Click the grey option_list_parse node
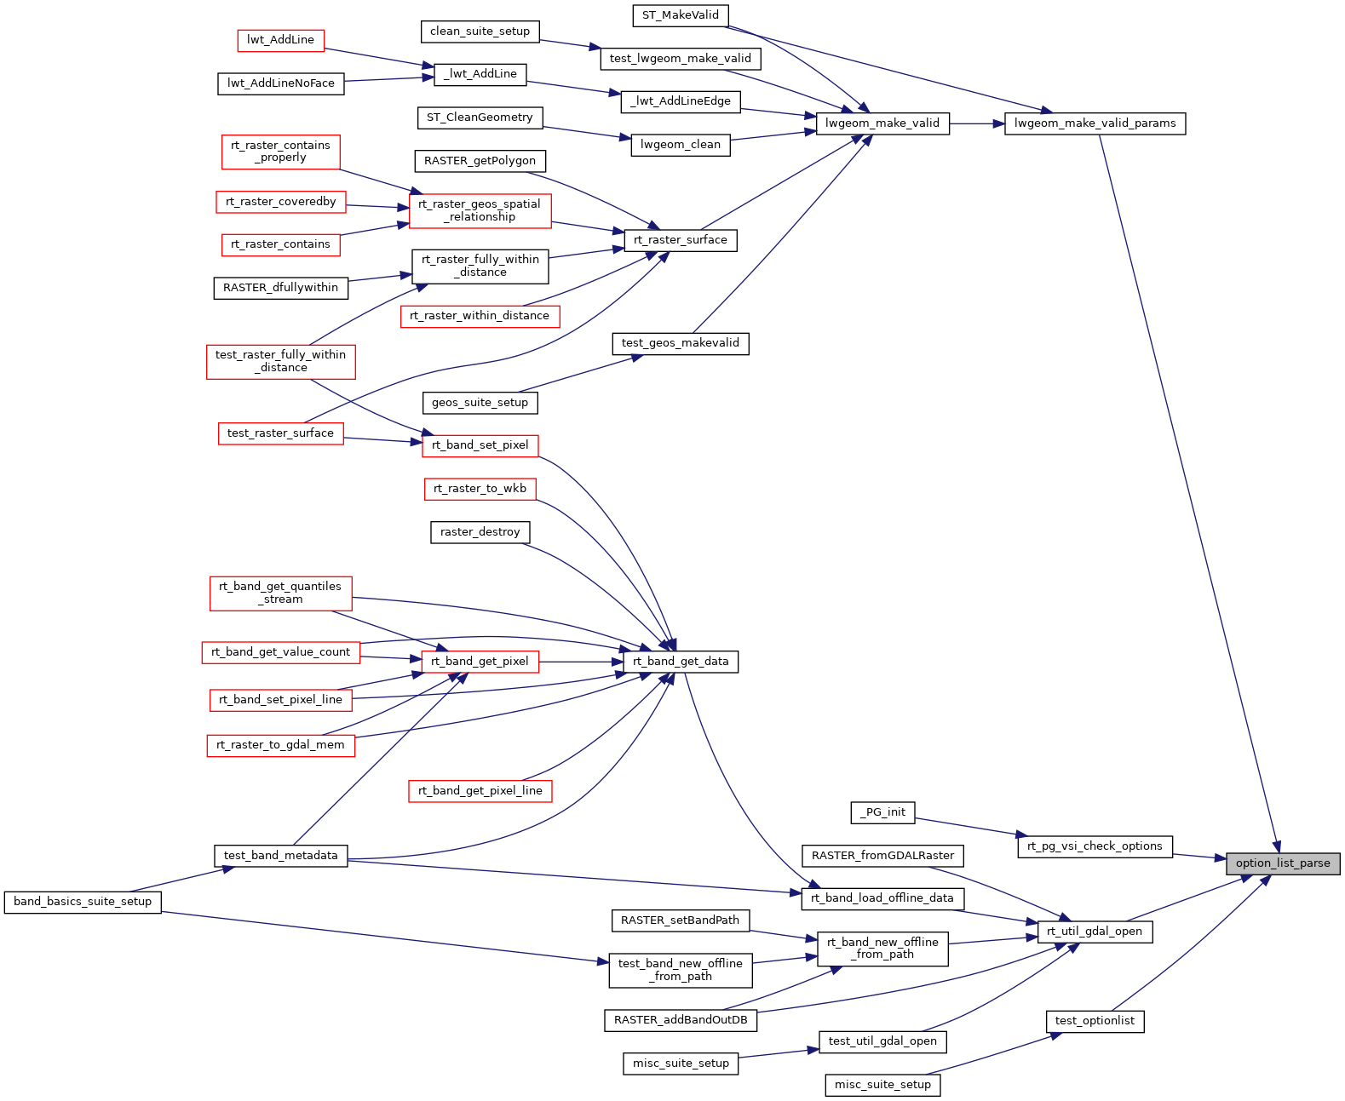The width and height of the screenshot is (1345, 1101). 1282,863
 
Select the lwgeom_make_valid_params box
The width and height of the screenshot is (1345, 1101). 1095,123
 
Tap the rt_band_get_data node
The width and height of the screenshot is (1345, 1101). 681,662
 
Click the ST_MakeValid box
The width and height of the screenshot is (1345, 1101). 680,15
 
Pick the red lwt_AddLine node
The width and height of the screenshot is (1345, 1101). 280,40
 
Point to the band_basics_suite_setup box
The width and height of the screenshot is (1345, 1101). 82,902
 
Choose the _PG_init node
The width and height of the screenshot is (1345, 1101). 882,812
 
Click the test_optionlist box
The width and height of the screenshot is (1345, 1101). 1095,1021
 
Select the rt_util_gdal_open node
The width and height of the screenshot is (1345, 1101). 1095,932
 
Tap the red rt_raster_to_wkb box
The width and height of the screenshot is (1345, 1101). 480,489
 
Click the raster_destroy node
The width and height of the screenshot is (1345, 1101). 480,532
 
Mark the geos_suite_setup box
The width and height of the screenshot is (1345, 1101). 480,403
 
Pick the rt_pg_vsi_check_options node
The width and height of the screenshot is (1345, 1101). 1095,846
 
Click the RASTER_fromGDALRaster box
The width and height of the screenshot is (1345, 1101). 882,856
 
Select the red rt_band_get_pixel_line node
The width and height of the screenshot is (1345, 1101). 480,791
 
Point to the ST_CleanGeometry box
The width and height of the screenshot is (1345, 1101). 480,118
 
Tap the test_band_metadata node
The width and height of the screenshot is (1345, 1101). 280,856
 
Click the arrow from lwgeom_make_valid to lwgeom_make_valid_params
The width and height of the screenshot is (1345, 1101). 976,123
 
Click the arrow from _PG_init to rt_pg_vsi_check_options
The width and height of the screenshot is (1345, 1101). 967,827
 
